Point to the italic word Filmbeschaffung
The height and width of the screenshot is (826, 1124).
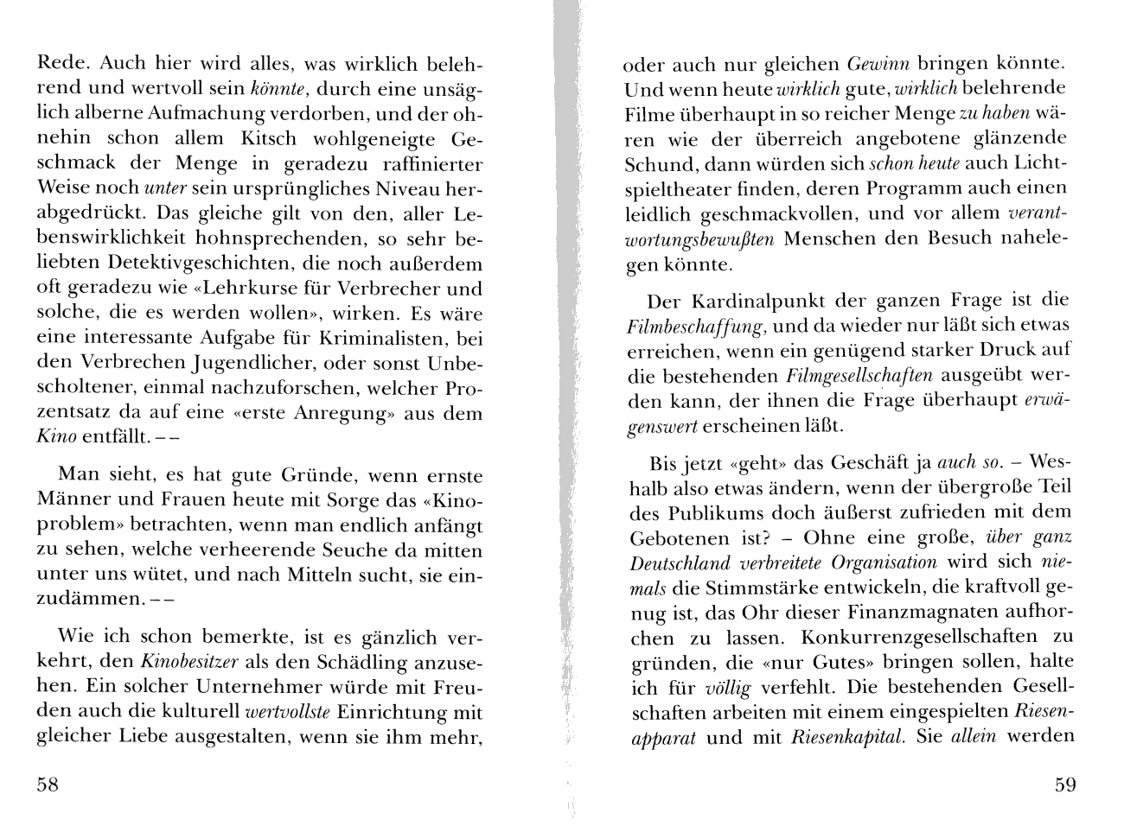tap(695, 326)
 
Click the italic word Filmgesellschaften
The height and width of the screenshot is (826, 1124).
tap(859, 376)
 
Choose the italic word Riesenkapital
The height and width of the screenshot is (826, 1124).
tap(837, 739)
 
